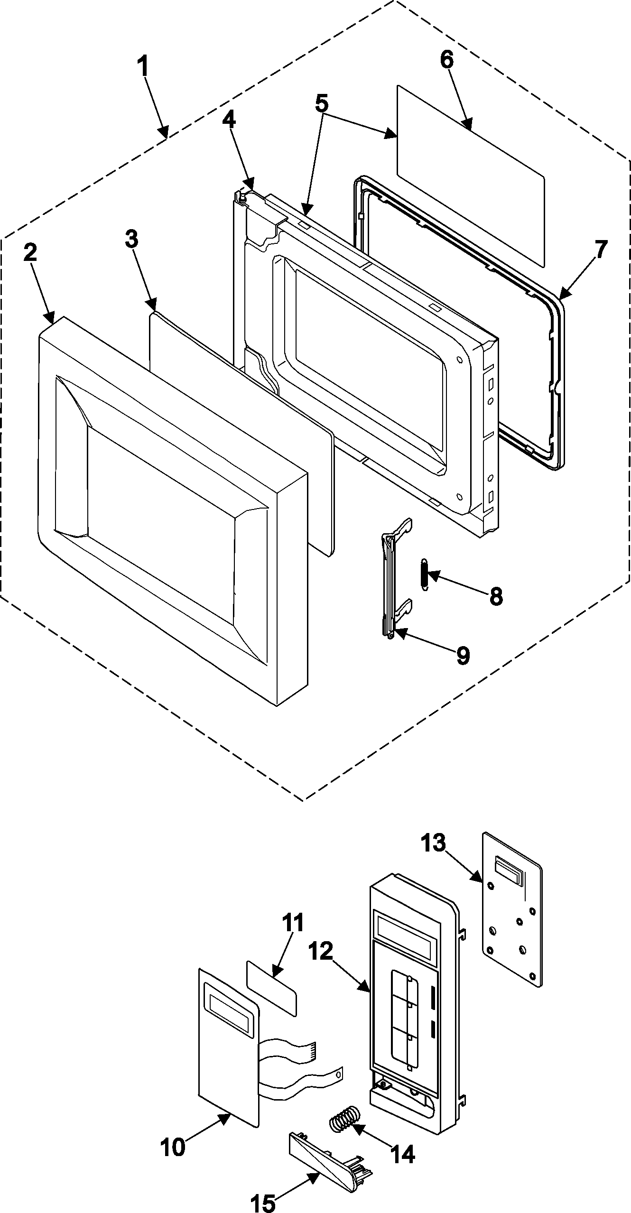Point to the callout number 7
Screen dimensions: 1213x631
[x=600, y=250]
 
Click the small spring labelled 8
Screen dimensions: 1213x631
[x=425, y=575]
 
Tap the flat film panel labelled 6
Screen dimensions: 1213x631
[x=470, y=176]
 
